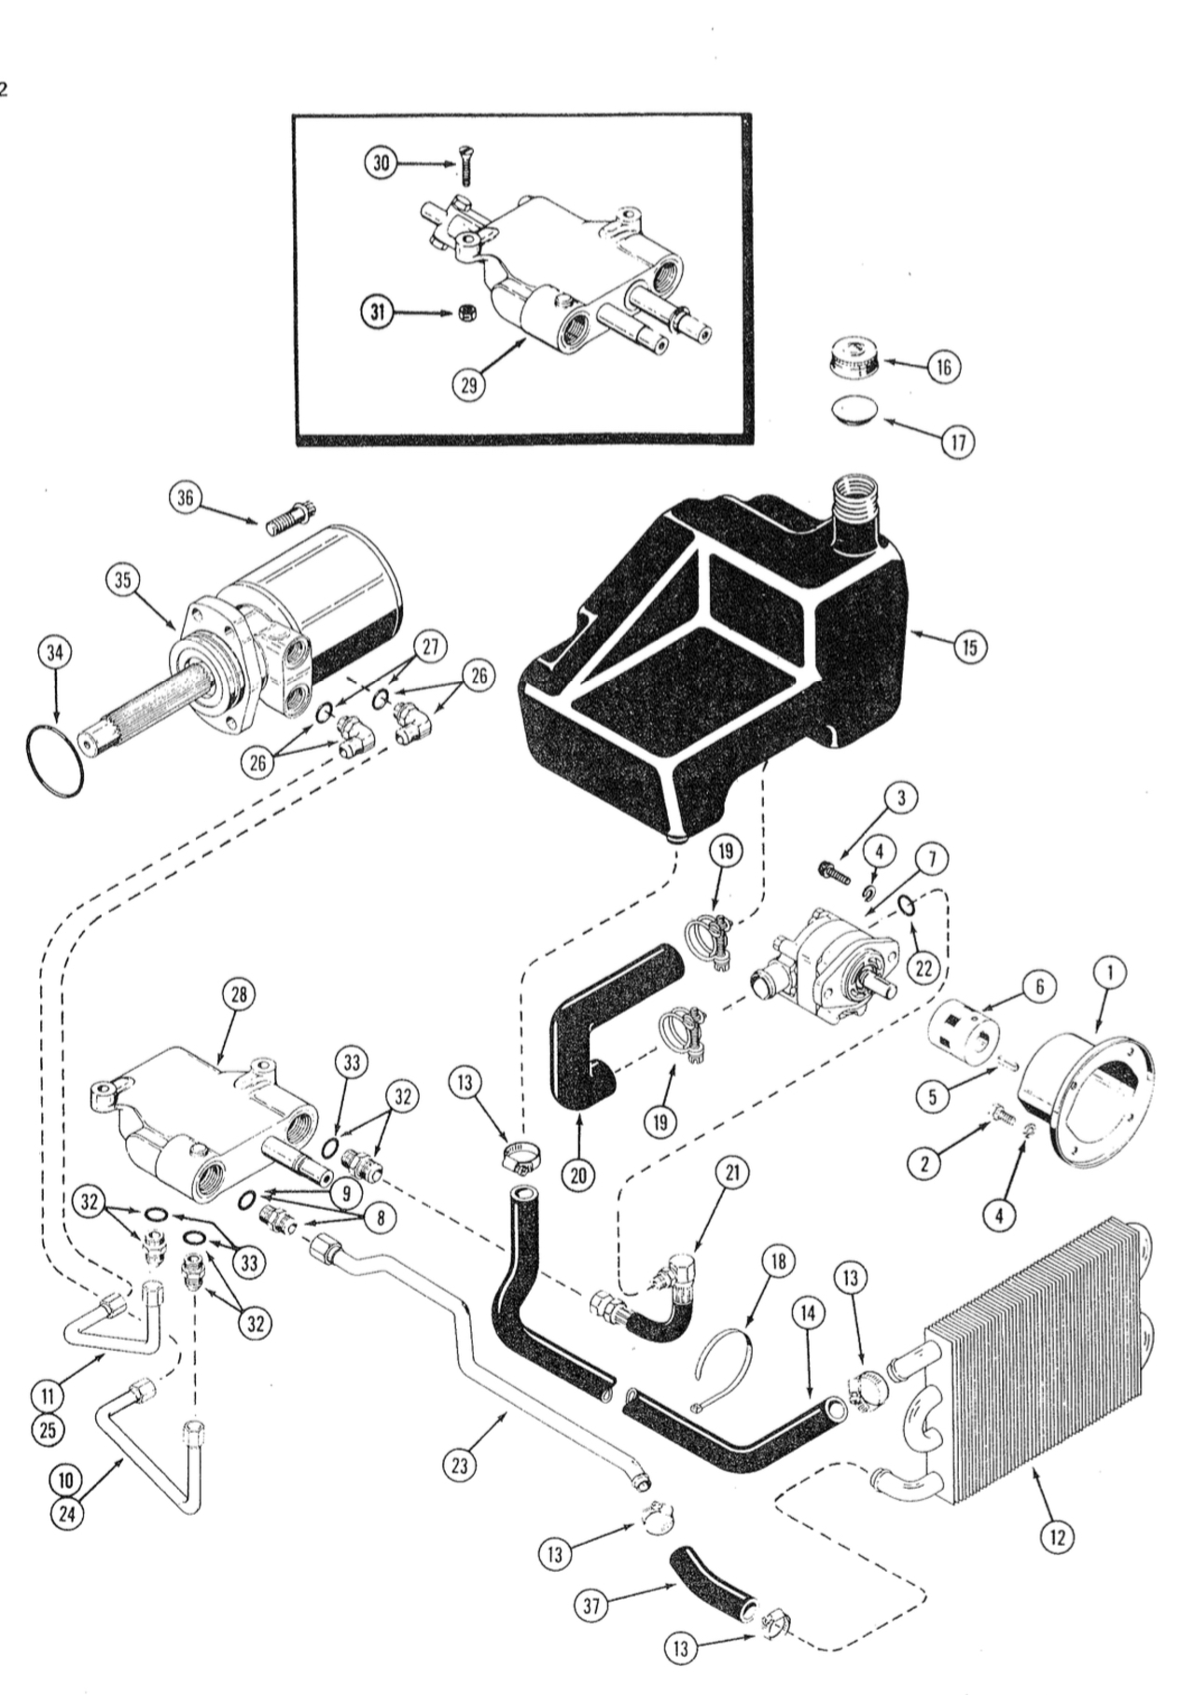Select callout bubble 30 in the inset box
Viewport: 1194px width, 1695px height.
[x=378, y=163]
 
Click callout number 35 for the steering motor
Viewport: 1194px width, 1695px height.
[x=122, y=579]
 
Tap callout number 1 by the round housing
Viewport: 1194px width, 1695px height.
[x=1109, y=973]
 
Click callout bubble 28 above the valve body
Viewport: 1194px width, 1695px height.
[x=239, y=994]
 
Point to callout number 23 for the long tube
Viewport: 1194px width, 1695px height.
[x=459, y=1466]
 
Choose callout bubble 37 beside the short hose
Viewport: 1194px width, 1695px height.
[x=591, y=1605]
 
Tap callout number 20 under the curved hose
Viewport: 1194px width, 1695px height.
[x=578, y=1174]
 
